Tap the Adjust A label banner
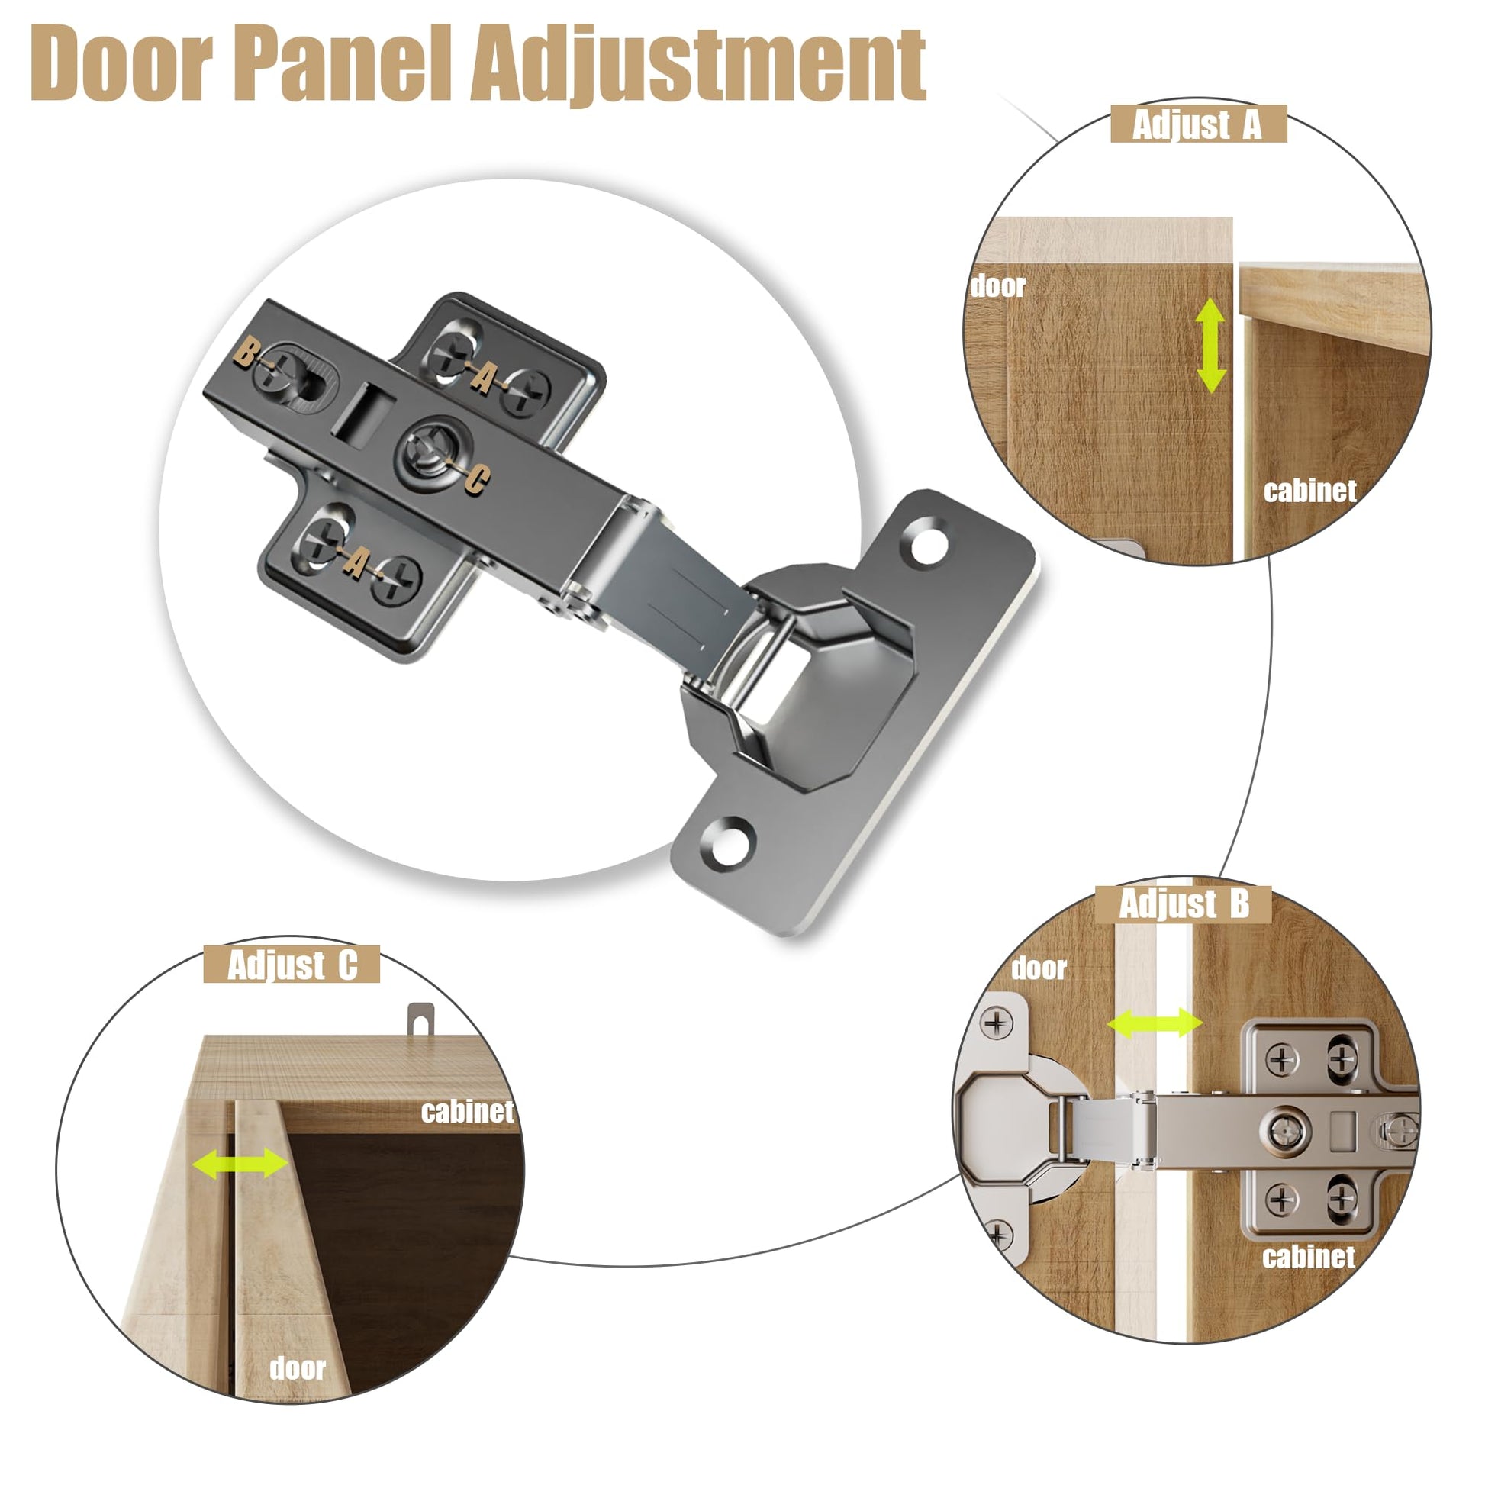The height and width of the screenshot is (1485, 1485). tap(1198, 124)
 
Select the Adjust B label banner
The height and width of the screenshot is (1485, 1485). tap(1184, 904)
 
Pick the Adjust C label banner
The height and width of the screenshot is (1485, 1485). tap(292, 965)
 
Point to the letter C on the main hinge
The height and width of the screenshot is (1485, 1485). tap(476, 480)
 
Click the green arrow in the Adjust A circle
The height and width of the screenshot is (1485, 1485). tap(1211, 345)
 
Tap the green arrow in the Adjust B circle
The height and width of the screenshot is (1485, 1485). tap(1155, 1024)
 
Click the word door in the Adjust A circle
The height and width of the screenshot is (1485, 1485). tap(998, 286)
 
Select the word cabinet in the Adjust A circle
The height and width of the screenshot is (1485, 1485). tap(1310, 491)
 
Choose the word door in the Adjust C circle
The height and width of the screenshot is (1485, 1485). tap(298, 1368)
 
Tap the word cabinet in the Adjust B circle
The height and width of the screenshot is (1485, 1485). tap(1309, 1257)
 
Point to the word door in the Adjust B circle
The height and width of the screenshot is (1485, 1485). tap(1039, 968)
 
